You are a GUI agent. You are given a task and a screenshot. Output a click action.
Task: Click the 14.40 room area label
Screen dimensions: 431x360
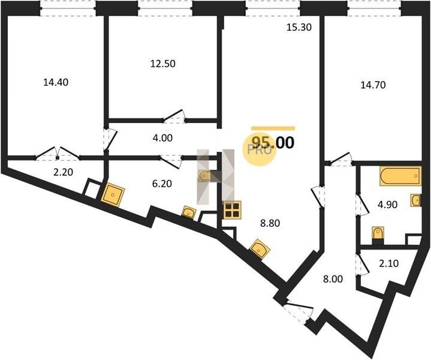coord(56,82)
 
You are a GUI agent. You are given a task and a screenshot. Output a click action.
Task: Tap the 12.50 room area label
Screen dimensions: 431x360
coord(162,64)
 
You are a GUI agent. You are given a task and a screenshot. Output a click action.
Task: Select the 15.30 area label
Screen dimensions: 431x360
coord(299,27)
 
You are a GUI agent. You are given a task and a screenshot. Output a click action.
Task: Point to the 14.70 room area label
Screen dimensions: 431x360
coord(373,85)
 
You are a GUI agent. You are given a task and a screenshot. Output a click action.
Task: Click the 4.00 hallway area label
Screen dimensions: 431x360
coord(162,138)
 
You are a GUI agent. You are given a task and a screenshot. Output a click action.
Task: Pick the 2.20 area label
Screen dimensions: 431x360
coord(63,172)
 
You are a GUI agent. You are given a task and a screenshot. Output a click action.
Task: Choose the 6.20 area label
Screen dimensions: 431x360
coord(162,184)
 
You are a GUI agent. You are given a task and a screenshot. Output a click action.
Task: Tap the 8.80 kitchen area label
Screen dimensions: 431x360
coord(270,223)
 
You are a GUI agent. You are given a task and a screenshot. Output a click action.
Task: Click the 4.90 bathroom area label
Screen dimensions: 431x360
coord(387,205)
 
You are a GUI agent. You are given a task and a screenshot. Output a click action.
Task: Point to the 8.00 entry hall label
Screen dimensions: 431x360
coord(333,279)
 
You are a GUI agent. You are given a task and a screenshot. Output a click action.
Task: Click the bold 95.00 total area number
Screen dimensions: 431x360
coord(273,143)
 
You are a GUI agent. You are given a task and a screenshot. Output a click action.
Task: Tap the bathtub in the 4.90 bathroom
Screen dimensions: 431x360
coord(400,176)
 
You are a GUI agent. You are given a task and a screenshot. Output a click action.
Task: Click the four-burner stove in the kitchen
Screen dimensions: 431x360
coord(233,210)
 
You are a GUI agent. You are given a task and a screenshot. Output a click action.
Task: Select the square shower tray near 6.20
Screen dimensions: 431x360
coord(113,194)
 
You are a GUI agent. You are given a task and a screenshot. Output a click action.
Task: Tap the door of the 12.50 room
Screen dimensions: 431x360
coord(174,116)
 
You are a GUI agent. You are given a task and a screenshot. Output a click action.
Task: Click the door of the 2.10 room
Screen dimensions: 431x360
coord(361,265)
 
